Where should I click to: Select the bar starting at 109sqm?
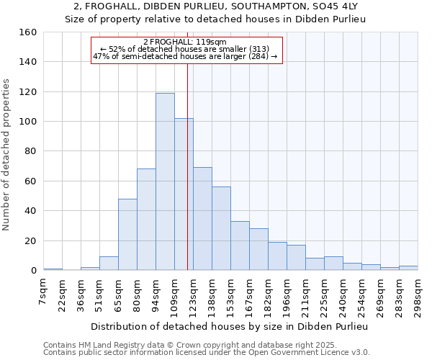coord(184,194)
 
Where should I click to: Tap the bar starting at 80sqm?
coord(146,220)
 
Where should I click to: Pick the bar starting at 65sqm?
coord(127,234)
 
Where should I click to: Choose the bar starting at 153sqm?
coord(240,246)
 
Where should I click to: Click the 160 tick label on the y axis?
coord(28,32)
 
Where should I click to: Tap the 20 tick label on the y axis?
coord(31,240)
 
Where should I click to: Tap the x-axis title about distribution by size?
coord(230,326)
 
